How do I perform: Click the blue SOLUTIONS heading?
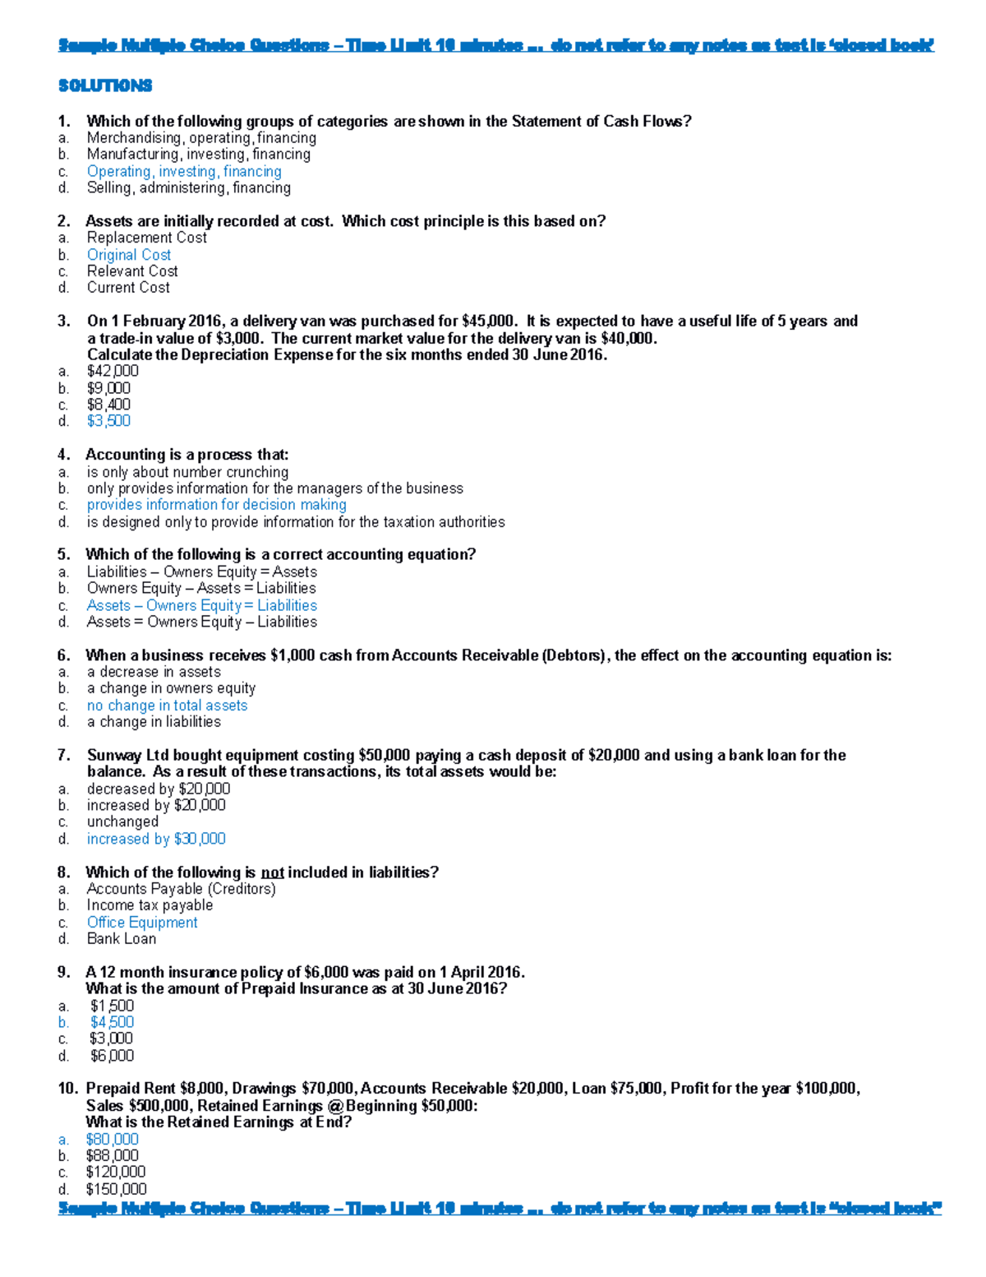pyautogui.click(x=105, y=86)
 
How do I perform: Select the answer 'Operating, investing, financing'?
pyautogui.click(x=184, y=171)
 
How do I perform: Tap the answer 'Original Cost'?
pyautogui.click(x=129, y=255)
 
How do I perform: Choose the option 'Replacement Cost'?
pyautogui.click(x=147, y=238)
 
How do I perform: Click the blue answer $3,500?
pyautogui.click(x=108, y=421)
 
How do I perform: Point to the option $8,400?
pyautogui.click(x=108, y=405)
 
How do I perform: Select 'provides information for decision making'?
pyautogui.click(x=217, y=505)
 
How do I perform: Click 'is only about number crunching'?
pyautogui.click(x=187, y=472)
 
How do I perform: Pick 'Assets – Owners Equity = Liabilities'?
pyautogui.click(x=202, y=605)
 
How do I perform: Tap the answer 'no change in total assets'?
pyautogui.click(x=167, y=706)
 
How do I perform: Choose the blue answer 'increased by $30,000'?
pyautogui.click(x=156, y=839)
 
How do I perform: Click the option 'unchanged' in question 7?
pyautogui.click(x=122, y=821)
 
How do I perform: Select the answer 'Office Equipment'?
pyautogui.click(x=142, y=923)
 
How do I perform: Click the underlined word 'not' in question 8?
pyautogui.click(x=272, y=872)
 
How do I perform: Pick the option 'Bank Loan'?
pyautogui.click(x=122, y=939)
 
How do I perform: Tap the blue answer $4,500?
pyautogui.click(x=112, y=1022)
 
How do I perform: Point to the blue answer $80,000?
pyautogui.click(x=112, y=1139)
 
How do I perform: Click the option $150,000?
pyautogui.click(x=116, y=1189)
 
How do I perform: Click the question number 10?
pyautogui.click(x=67, y=1089)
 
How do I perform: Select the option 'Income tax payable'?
pyautogui.click(x=150, y=905)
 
